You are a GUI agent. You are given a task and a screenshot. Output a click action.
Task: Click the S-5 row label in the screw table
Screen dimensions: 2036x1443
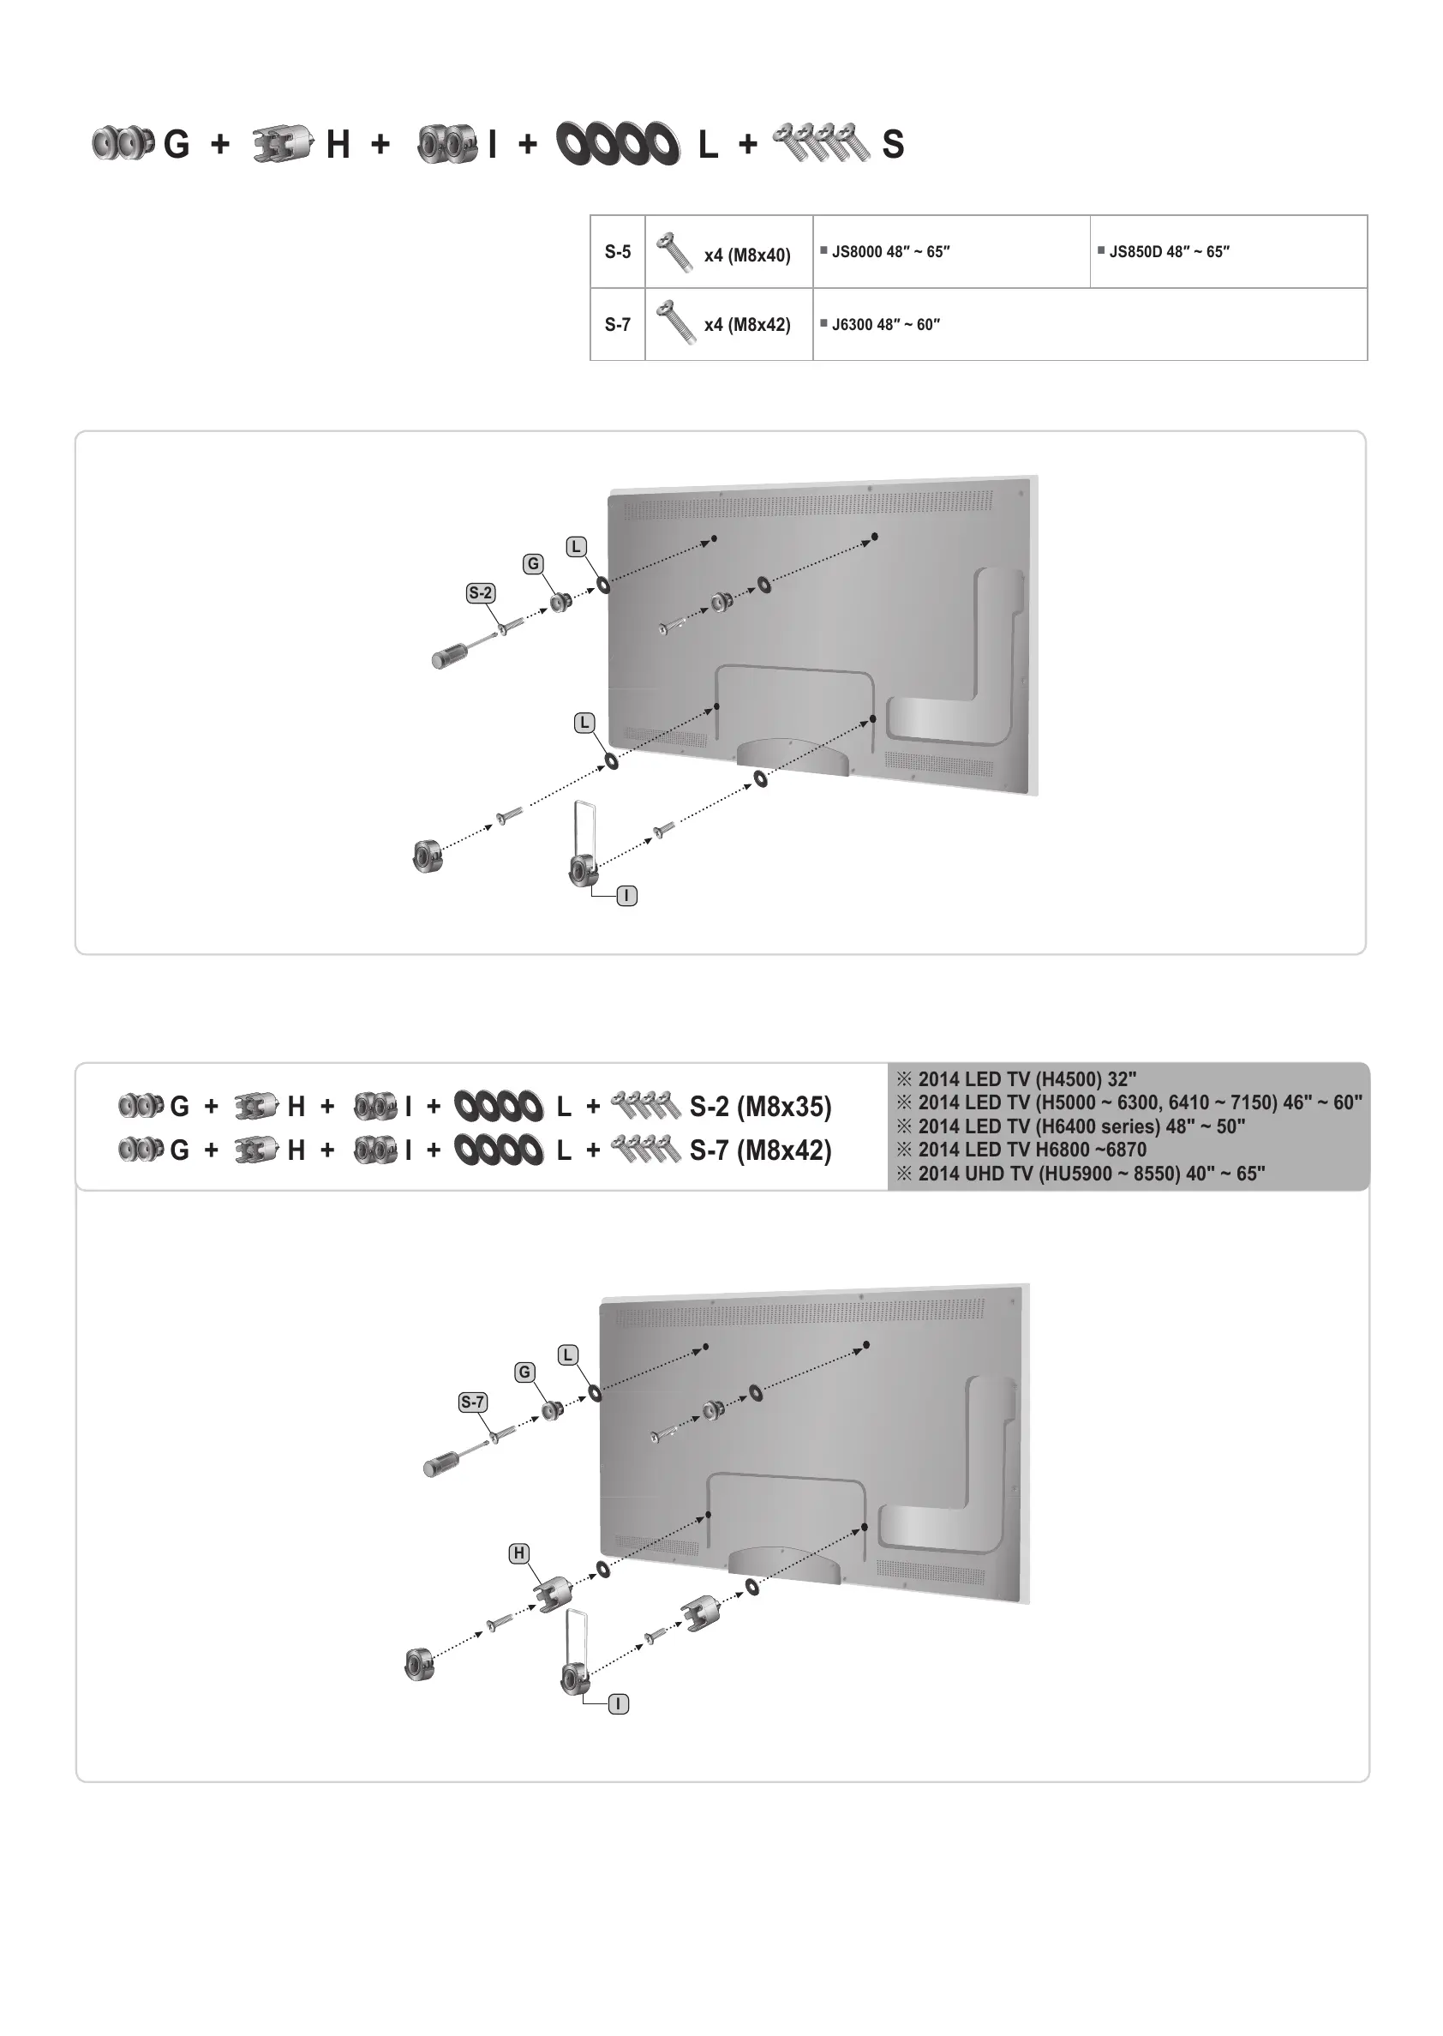[618, 252]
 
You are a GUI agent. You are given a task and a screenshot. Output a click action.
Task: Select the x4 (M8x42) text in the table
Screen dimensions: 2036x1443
[746, 325]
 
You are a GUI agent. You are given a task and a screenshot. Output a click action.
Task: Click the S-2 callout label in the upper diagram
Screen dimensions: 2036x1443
[481, 592]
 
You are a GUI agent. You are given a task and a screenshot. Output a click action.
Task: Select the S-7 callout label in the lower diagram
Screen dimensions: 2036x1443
[473, 1402]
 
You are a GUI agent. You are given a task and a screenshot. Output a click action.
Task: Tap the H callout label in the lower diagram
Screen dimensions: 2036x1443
[519, 1553]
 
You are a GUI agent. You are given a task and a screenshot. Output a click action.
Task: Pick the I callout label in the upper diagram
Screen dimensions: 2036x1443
[627, 896]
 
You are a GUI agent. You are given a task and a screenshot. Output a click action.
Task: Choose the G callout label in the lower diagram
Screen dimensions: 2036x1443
[524, 1372]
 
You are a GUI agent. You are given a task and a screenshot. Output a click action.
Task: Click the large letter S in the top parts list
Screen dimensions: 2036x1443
[893, 145]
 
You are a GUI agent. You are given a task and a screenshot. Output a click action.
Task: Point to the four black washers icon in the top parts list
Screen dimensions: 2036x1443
[618, 144]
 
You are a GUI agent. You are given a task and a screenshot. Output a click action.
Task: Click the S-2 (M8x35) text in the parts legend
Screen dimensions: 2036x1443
[761, 1107]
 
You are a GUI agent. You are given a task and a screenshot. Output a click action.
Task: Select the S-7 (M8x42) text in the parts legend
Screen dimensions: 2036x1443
[761, 1150]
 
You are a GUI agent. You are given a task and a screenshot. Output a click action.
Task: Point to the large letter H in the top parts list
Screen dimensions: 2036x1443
[338, 145]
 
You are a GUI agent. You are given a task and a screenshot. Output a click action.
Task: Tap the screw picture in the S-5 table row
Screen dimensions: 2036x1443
[675, 252]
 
